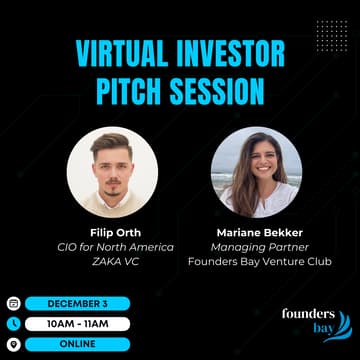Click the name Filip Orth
pos(111,232)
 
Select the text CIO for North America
pos(111,247)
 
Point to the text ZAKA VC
pos(111,261)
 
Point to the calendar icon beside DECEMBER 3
pos(13,303)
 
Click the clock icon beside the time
pos(13,323)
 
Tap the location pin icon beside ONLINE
pos(13,343)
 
